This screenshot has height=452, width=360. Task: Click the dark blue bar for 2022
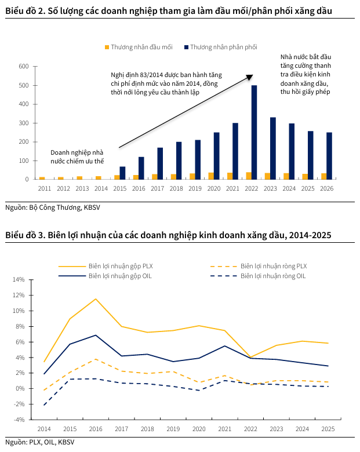click(254, 132)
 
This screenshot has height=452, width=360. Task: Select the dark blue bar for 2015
click(122, 173)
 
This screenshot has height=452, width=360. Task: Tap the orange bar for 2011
click(42, 178)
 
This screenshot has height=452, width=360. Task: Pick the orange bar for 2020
click(211, 176)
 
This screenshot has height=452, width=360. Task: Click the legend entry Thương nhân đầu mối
click(139, 47)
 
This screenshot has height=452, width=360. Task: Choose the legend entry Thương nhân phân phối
click(221, 47)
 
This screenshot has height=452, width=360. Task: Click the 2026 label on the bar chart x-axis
click(326, 188)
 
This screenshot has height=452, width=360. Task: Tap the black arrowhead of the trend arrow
click(249, 77)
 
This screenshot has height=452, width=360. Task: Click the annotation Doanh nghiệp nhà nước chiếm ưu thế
click(77, 157)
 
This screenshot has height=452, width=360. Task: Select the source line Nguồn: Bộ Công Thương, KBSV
click(53, 207)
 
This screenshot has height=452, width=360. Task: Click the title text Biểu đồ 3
click(25, 235)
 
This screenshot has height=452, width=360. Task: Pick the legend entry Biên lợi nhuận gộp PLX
click(106, 266)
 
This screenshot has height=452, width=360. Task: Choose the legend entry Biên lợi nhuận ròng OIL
click(258, 276)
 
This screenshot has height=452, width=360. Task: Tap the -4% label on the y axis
click(19, 420)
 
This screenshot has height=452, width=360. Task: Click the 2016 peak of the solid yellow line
click(96, 299)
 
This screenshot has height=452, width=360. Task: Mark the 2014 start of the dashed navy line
click(44, 405)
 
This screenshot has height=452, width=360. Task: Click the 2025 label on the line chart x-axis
click(328, 429)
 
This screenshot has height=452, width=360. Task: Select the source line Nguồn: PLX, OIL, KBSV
click(40, 442)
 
